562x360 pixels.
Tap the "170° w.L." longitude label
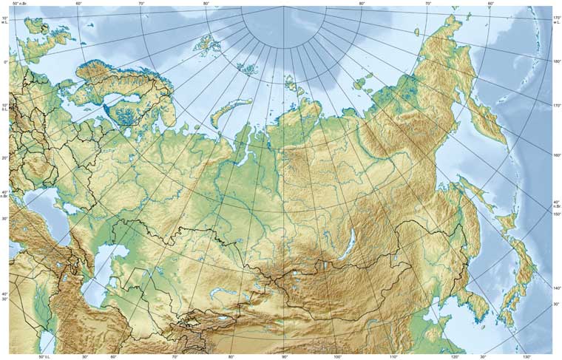(557, 20)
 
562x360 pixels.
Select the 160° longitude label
(557, 154)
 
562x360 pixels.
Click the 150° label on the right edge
(557, 214)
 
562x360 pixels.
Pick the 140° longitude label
(557, 288)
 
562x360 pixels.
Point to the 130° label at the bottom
(527, 356)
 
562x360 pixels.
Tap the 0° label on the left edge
(5, 62)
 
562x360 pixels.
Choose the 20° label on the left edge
(5, 157)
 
